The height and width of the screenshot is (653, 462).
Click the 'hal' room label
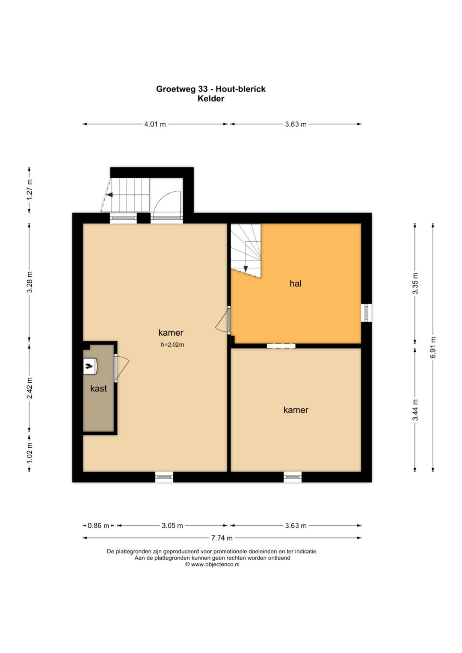[295, 283]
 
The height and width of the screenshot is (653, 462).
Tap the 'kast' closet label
[98, 388]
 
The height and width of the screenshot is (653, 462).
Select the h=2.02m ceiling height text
[172, 345]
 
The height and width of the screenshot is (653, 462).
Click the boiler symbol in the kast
[90, 366]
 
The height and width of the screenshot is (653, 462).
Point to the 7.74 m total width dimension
[222, 538]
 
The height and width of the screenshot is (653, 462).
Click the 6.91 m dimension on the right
[433, 348]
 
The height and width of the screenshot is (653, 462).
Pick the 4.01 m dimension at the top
[155, 124]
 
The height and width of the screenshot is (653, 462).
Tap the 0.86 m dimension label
[98, 526]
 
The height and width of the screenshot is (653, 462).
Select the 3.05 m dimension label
[172, 526]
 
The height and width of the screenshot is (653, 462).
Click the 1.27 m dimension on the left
[30, 190]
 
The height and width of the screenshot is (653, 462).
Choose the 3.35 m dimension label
[415, 283]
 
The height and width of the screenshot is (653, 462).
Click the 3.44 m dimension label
[415, 410]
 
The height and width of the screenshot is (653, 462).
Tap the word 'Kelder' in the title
[211, 98]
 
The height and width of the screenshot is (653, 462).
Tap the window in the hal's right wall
[366, 313]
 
